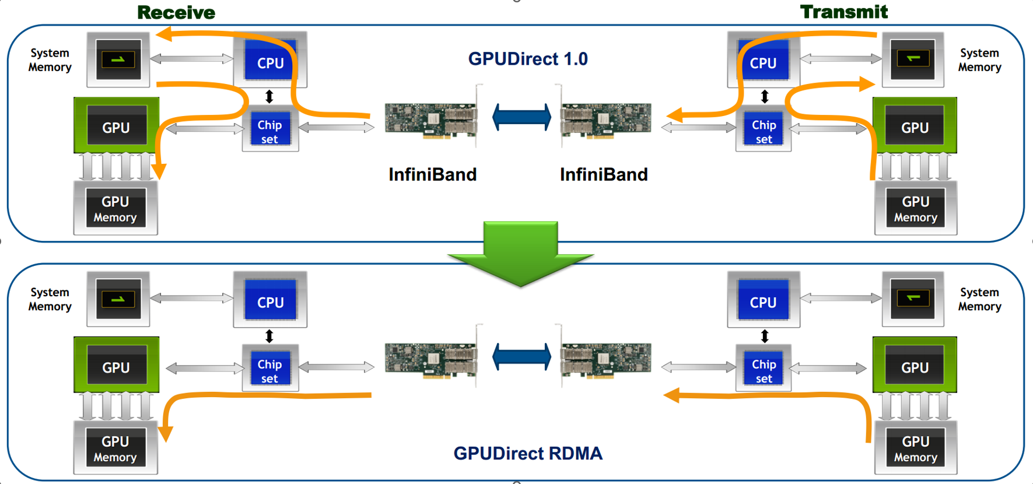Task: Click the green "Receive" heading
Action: (176, 12)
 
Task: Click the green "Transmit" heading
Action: (843, 12)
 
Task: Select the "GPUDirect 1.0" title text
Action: (528, 59)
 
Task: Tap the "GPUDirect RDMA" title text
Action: (528, 453)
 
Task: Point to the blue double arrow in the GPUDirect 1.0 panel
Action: (521, 117)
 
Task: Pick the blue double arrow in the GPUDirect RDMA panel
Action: (521, 357)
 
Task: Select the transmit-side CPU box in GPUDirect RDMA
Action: (763, 300)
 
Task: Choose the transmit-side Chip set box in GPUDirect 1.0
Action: (764, 129)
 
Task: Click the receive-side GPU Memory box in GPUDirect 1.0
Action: (115, 208)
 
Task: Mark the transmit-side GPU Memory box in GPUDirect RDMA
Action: (915, 448)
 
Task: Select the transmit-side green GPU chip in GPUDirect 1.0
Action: (915, 125)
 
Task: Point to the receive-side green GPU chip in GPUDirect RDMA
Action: (116, 365)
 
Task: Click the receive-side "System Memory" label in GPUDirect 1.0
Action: (50, 60)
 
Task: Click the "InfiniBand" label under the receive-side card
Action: (432, 174)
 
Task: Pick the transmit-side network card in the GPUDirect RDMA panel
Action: (605, 357)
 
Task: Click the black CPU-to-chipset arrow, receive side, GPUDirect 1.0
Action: (269, 96)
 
